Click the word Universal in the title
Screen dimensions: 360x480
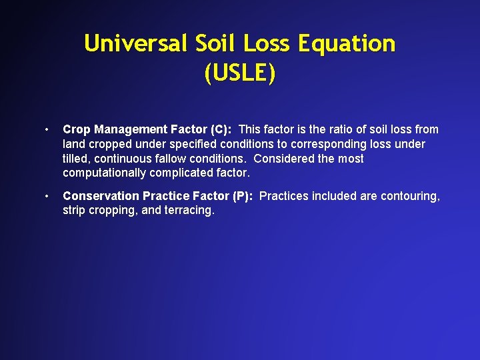[136, 44]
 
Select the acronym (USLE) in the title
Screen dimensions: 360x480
[240, 73]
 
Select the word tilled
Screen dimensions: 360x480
[76, 159]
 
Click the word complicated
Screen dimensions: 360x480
[183, 173]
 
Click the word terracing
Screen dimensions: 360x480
[190, 211]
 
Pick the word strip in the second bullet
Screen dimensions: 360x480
[74, 211]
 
